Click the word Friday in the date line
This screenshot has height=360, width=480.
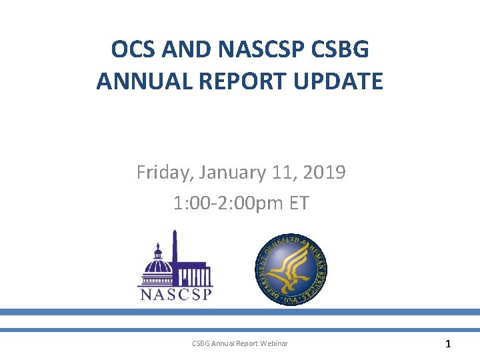[163, 173]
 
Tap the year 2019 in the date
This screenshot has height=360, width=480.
[323, 173]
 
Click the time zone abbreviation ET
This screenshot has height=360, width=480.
[297, 203]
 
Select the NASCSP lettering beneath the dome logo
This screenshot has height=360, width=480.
[175, 294]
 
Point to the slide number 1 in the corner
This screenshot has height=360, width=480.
[448, 344]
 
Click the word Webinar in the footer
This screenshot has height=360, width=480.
[274, 343]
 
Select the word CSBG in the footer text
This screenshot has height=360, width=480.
[201, 343]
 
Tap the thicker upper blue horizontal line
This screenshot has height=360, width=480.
[240, 311]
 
